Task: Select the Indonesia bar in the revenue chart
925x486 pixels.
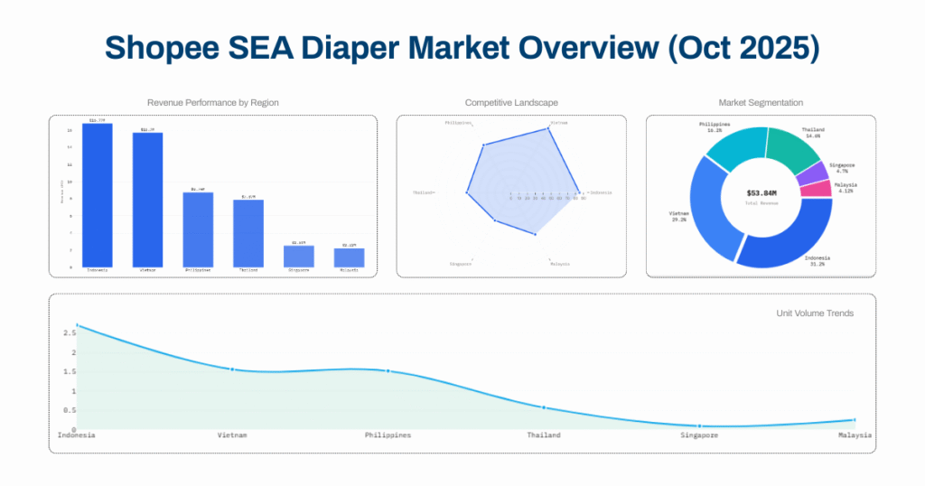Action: tap(98, 195)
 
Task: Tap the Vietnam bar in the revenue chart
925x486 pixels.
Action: tap(147, 200)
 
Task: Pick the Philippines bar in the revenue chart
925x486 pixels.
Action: tap(198, 229)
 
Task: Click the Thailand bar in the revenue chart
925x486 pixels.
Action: tap(248, 233)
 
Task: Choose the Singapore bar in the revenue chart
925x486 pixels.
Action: tap(298, 256)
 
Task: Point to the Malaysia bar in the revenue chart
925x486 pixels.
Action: tap(349, 257)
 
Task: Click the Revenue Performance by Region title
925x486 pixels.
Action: tap(212, 103)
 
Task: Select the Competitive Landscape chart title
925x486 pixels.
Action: tap(511, 103)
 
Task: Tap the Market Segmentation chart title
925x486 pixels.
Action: tap(761, 103)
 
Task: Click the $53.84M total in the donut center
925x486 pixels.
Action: tap(761, 192)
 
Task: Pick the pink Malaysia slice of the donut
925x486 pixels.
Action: tap(817, 189)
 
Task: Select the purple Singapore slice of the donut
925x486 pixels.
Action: tap(811, 172)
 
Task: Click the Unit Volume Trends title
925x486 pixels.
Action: tap(815, 313)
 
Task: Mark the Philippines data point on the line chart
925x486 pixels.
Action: tap(388, 371)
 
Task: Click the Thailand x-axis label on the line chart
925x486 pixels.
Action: tap(544, 435)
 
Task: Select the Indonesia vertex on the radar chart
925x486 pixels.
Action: tap(578, 192)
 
